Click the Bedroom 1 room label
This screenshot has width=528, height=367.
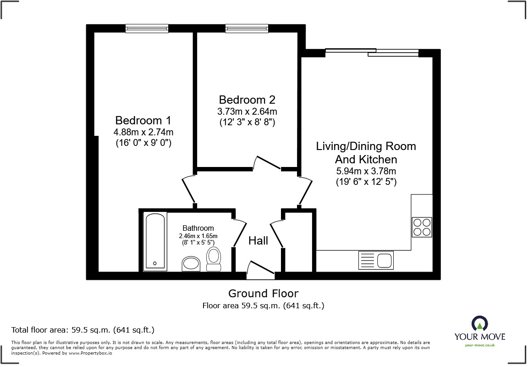[x=143, y=121]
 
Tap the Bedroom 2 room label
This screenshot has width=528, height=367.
[x=247, y=100]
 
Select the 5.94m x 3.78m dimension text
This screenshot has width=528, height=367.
[x=366, y=172]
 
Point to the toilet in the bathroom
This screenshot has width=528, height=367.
[x=214, y=260]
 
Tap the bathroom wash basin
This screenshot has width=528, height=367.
[x=192, y=264]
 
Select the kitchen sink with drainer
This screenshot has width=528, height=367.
[x=375, y=261]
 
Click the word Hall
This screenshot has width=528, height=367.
[x=258, y=241]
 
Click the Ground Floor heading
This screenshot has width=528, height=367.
[x=263, y=294]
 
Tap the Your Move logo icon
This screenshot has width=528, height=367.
[x=479, y=324]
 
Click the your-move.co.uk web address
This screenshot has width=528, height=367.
[x=479, y=345]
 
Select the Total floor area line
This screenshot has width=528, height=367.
[x=82, y=330]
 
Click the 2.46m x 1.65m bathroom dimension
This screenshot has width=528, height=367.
[x=198, y=236]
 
